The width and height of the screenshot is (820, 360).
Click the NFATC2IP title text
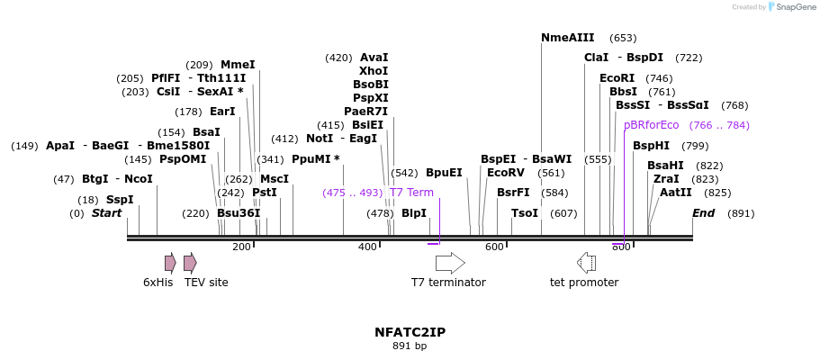410,332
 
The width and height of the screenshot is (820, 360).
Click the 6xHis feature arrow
170,263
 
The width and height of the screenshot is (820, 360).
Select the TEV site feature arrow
190,263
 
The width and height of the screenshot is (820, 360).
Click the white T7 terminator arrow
450,263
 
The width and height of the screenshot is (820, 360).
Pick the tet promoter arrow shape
586,263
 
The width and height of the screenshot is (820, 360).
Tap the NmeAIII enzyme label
567,38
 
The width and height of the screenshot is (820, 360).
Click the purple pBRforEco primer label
651,125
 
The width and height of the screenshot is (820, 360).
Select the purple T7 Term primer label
411,193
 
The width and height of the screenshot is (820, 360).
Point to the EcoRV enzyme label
505,173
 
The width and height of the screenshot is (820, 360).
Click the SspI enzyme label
119,200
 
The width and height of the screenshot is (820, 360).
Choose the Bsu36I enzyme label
239,213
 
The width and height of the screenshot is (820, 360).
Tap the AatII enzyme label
675,193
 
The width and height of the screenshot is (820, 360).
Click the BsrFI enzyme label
513,193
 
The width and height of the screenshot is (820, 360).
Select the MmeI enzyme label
238,65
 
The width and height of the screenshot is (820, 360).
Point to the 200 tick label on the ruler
242,247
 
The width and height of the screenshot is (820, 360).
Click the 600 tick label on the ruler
494,247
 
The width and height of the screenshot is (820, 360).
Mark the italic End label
703,213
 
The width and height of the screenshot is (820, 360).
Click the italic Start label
106,213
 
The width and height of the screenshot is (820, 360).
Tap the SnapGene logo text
792,7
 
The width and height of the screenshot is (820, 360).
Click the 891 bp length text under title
410,346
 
